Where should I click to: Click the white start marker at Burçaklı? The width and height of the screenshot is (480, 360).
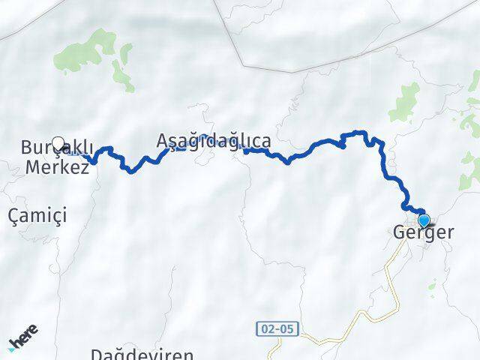58,142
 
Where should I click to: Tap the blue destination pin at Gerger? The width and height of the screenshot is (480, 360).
424,220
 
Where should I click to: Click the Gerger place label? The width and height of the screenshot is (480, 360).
423,233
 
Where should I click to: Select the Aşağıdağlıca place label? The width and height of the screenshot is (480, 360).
214,140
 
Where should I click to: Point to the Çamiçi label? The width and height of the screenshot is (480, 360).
37,216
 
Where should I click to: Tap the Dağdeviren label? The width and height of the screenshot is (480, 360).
142,353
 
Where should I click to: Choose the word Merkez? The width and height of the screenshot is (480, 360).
57,166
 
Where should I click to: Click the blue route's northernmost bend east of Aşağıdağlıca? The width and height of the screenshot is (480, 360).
356,133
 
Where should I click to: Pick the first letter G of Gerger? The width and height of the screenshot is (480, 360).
399,233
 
